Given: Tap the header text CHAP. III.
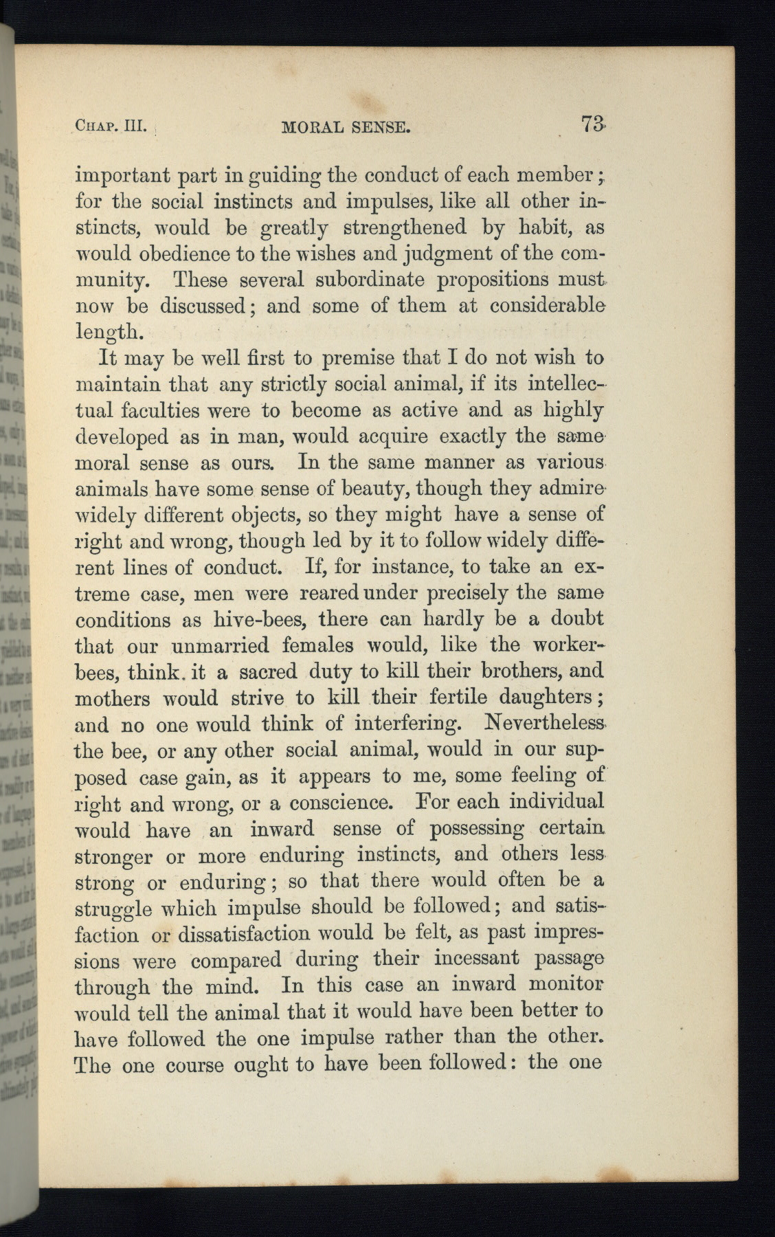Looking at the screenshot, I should tap(110, 126).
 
